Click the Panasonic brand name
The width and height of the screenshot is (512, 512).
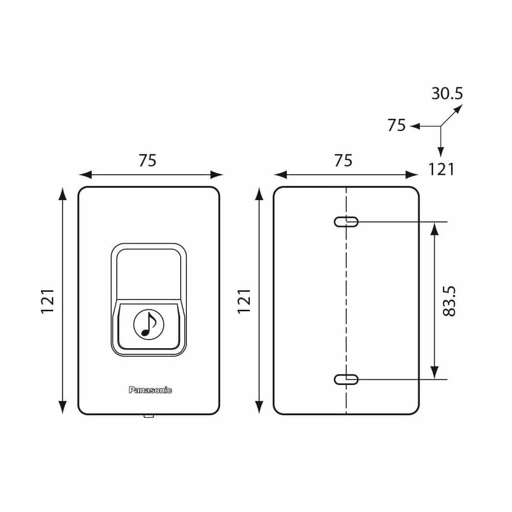pyautogui.click(x=150, y=390)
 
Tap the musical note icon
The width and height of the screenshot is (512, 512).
pyautogui.click(x=148, y=324)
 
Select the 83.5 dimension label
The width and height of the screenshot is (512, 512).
pyautogui.click(x=449, y=301)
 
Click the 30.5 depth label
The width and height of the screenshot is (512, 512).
pyautogui.click(x=447, y=93)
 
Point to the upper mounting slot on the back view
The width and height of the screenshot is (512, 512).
pyautogui.click(x=346, y=222)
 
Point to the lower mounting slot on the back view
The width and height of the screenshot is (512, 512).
pyautogui.click(x=346, y=379)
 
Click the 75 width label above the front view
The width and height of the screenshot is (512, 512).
pyautogui.click(x=147, y=160)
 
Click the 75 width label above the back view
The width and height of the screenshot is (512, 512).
pyautogui.click(x=343, y=160)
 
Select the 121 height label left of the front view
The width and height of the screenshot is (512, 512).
pyautogui.click(x=48, y=301)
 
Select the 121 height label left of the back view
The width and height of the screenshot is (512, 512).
pyautogui.click(x=244, y=301)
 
